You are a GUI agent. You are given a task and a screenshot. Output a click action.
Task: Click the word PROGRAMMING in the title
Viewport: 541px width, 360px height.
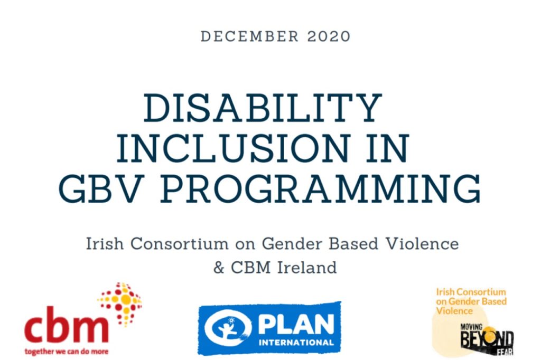(x=321, y=189)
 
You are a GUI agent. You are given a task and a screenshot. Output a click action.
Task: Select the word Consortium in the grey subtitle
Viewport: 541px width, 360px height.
(x=188, y=244)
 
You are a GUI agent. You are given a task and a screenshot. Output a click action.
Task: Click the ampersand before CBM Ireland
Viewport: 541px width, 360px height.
(x=219, y=267)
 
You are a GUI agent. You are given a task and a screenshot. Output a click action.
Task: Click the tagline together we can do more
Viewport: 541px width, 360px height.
(x=66, y=350)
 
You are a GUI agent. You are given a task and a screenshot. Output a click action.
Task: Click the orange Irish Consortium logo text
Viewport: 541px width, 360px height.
(x=471, y=301)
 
